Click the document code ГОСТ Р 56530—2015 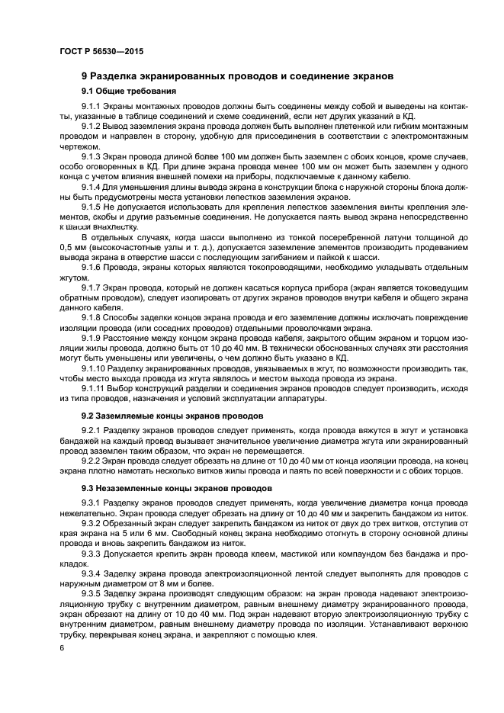101,51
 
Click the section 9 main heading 237,77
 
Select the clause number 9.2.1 91,432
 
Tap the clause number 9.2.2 91,460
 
